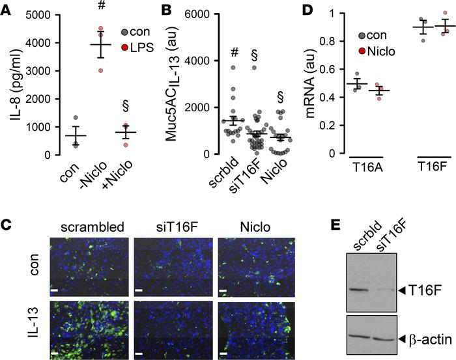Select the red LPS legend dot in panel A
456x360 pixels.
point(126,46)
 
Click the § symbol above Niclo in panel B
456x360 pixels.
point(281,96)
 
